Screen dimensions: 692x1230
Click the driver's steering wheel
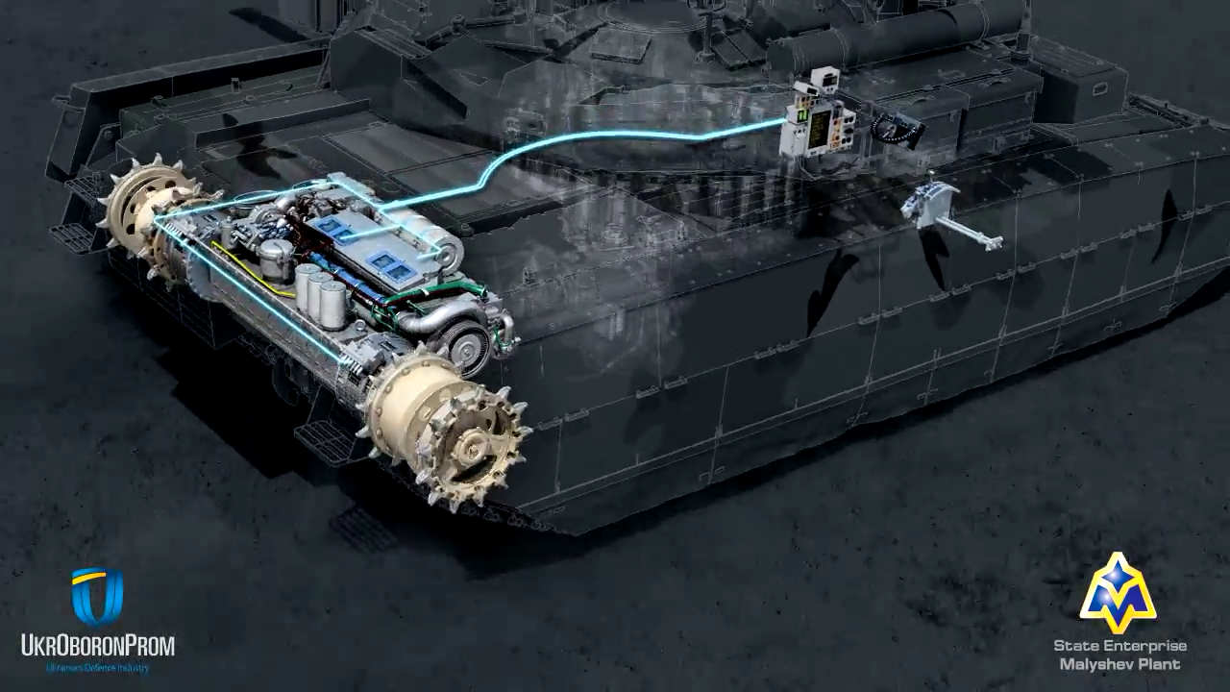click(897, 130)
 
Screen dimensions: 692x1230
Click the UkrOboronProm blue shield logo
click(97, 596)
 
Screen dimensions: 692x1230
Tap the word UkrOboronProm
click(97, 645)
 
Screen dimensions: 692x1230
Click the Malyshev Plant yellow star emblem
click(1117, 594)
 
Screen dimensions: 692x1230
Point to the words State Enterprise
click(1119, 646)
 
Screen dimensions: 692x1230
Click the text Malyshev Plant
click(1119, 664)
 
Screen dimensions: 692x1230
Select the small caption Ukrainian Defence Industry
click(97, 667)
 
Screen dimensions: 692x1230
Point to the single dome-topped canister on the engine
click(276, 259)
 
